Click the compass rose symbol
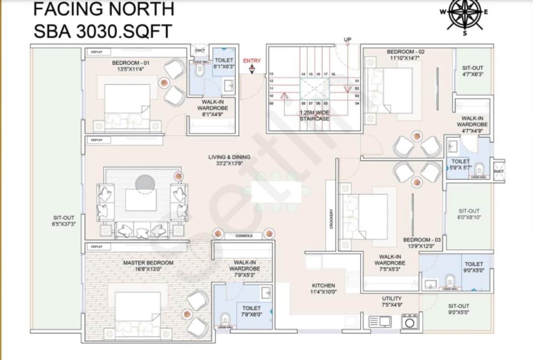tap(464, 13)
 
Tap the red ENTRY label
tap(252, 61)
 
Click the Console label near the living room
tap(244, 236)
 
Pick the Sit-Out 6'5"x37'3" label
tap(64, 220)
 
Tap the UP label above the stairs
tap(348, 40)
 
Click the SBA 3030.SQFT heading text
tap(102, 31)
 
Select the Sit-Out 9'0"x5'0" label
tap(459, 309)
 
